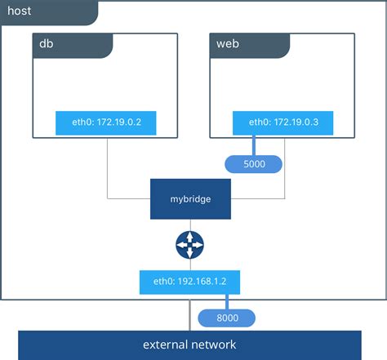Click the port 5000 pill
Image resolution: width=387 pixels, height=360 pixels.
coord(253,164)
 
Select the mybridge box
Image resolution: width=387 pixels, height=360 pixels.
coord(190,198)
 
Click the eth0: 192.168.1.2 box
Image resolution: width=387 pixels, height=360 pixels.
coord(190,283)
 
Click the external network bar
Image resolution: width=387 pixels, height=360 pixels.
coord(190,344)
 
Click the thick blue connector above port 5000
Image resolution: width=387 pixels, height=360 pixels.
coord(253,145)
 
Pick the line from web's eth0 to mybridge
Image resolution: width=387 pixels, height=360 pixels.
coord(284,176)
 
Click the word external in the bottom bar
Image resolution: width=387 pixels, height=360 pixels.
coord(167,344)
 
